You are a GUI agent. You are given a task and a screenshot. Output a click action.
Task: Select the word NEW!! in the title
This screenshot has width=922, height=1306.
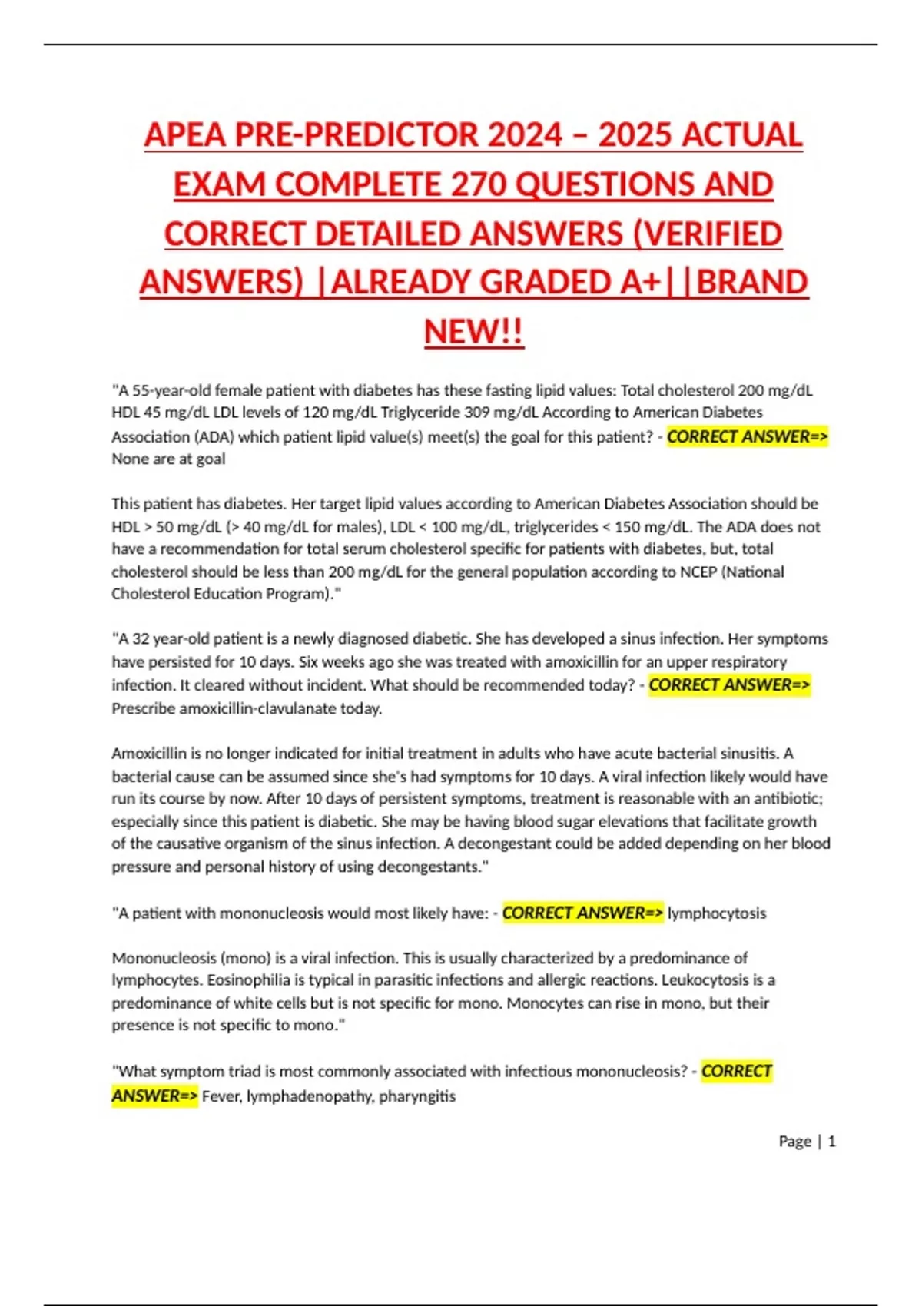coord(473,332)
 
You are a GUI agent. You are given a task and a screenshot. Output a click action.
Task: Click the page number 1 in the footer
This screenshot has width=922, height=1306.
coord(831,1142)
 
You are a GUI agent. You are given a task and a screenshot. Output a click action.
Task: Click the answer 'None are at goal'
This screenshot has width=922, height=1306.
coord(168,459)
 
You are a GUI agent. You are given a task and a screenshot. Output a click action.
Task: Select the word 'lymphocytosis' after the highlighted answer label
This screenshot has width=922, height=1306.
coord(716,913)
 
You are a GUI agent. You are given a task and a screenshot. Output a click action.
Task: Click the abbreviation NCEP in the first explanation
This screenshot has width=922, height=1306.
coord(698,572)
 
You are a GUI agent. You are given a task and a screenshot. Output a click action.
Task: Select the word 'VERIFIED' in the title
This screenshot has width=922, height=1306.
coord(714,234)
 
